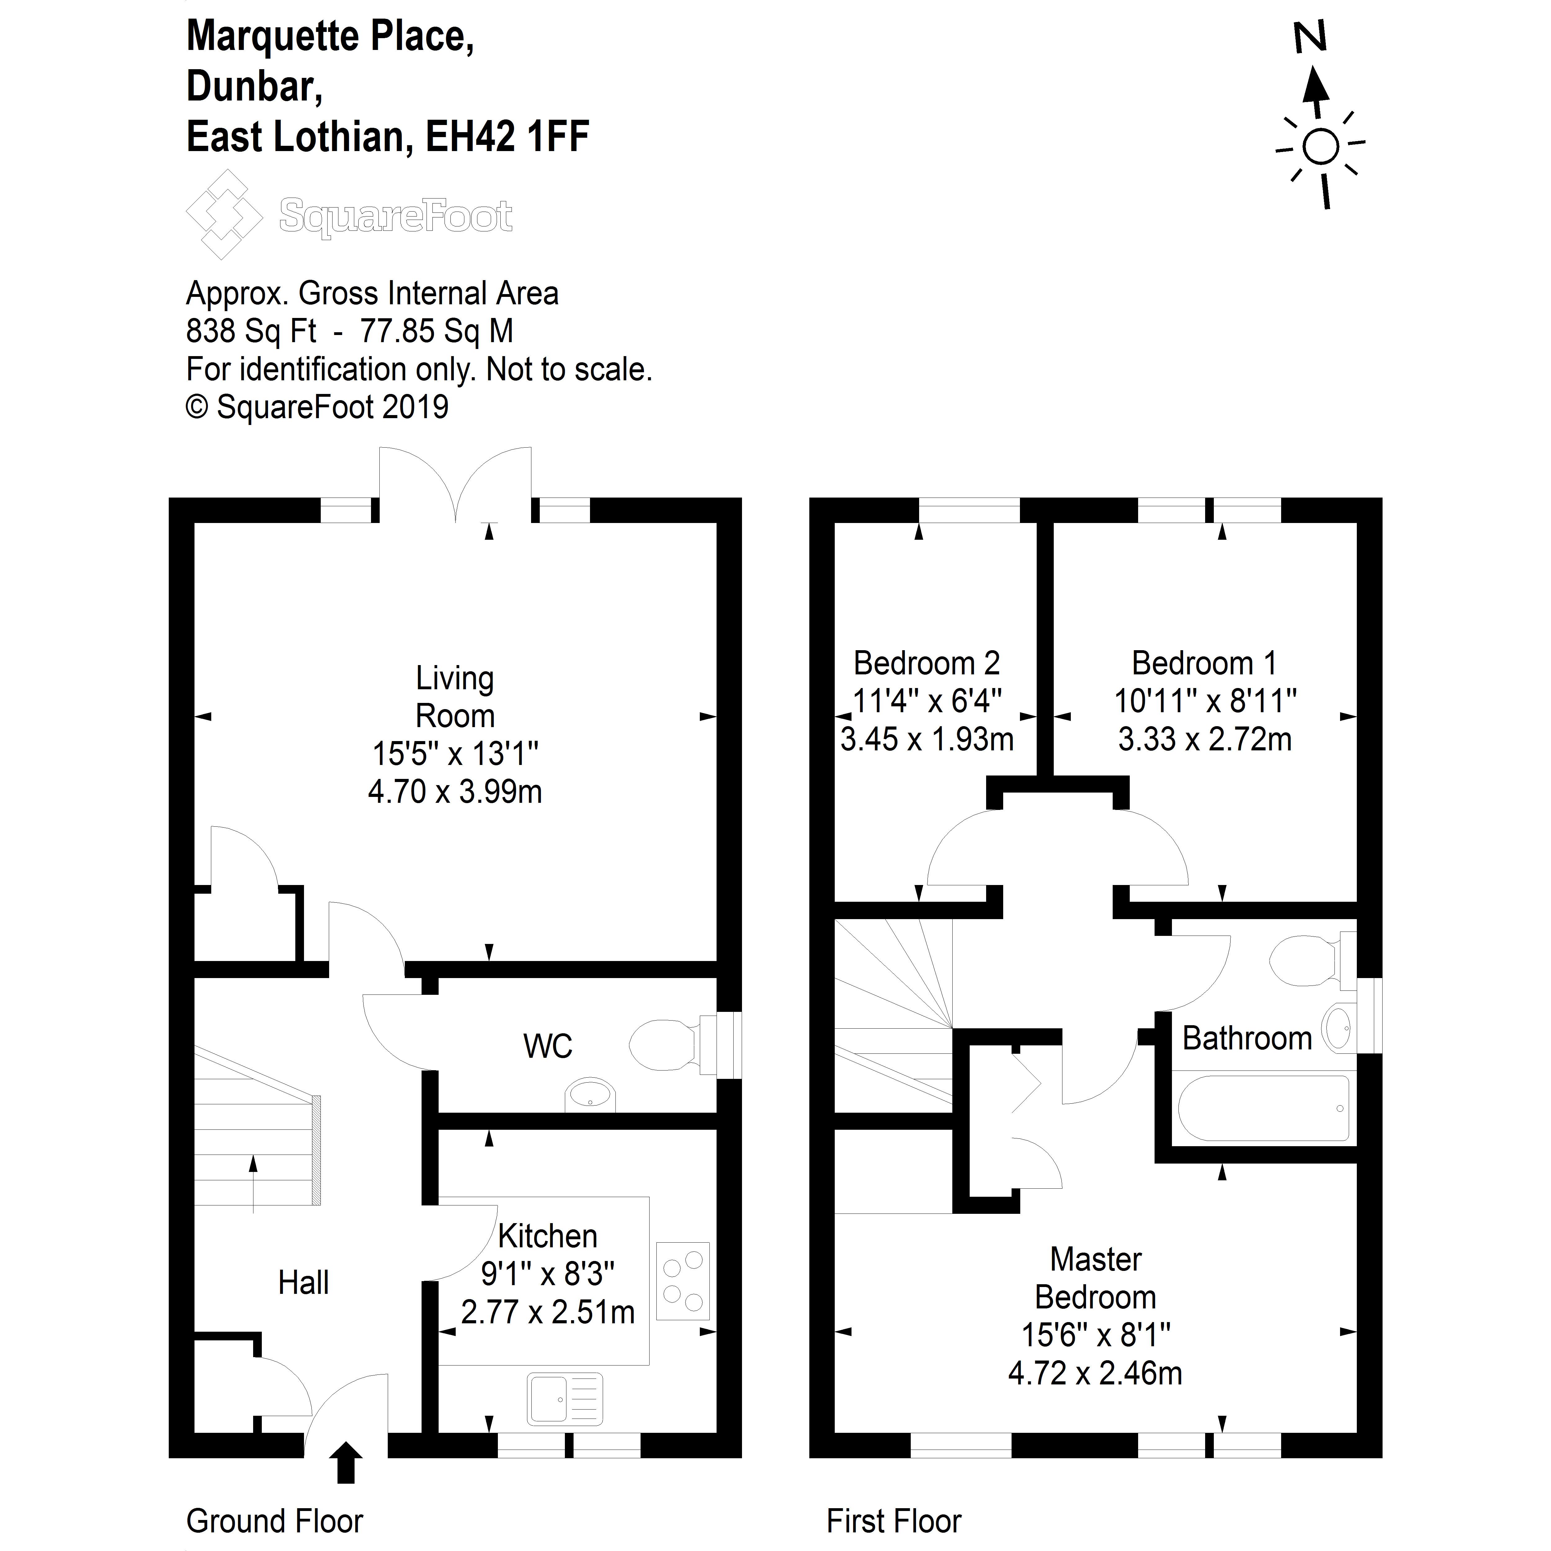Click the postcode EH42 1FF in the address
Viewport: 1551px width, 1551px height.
coord(507,136)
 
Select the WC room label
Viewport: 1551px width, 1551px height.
coord(548,1046)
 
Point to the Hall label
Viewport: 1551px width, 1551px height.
coord(303,1283)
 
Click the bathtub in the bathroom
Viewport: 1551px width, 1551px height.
coord(1263,1109)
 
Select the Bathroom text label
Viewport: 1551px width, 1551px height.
coord(1247,1039)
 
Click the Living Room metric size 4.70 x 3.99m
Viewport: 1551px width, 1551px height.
coord(455,792)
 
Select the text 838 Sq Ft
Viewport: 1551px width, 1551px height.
coord(250,331)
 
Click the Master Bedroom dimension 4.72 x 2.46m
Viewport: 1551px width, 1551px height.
coord(1095,1374)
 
